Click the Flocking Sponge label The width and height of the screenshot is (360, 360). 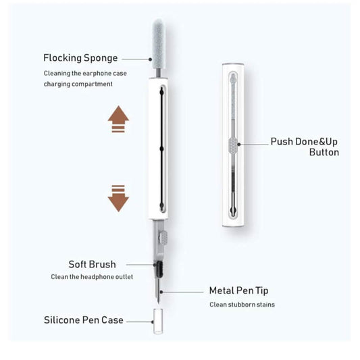80,58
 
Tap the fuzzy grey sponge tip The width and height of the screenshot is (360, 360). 158,44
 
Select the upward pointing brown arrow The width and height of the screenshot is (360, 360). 118,119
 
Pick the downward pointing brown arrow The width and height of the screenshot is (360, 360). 118,199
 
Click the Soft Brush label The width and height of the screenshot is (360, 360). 92,264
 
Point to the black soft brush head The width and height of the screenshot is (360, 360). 159,269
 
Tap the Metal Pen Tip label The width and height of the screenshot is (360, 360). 239,290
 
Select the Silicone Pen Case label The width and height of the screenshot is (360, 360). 84,320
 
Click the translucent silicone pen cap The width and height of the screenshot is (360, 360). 158,322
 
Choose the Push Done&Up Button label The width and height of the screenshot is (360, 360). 305,147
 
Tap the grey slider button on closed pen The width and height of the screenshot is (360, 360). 233,145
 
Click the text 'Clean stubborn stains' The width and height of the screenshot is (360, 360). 242,305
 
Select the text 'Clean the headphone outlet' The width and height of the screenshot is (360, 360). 92,277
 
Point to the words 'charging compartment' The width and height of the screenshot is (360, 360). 78,84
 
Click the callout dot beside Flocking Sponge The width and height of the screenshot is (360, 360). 150,59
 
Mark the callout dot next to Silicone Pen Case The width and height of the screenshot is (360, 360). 153,322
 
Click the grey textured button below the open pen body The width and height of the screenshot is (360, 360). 163,237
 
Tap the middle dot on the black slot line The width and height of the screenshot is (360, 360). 161,149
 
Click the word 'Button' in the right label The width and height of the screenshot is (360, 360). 324,152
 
